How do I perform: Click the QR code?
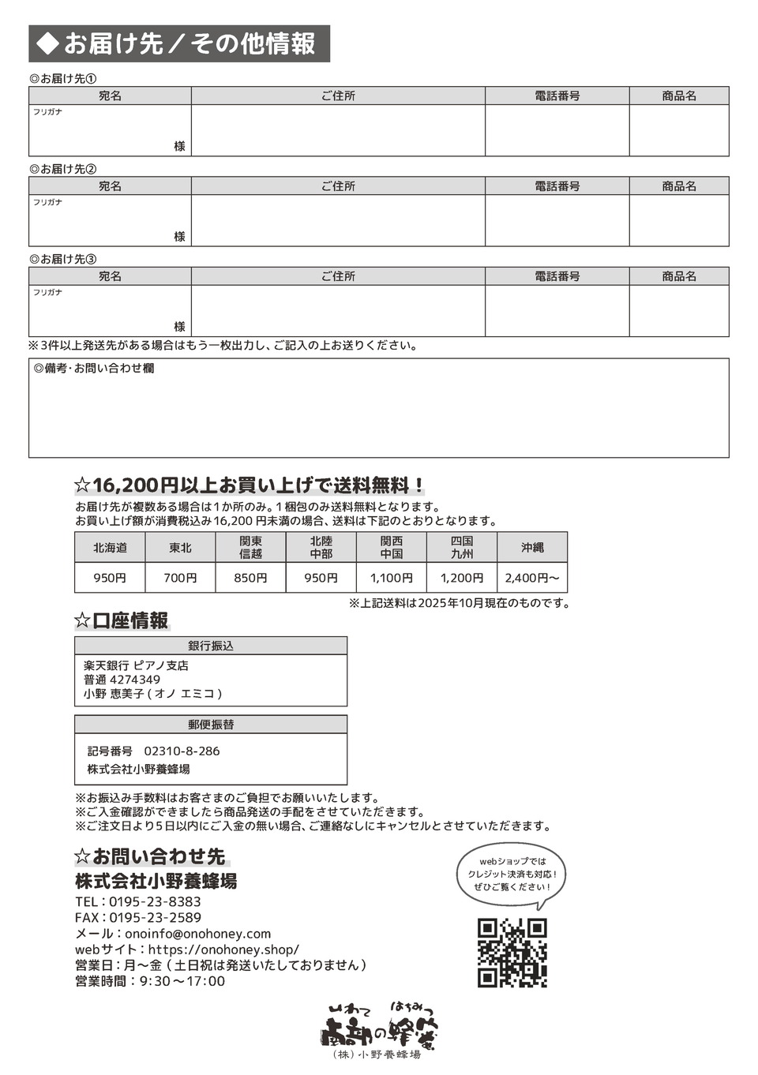(512, 952)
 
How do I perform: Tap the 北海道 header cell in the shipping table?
(110, 547)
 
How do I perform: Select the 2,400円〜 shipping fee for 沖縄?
(532, 578)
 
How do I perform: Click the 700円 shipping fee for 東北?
(180, 578)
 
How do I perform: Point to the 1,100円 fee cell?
(392, 578)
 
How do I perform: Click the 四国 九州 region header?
(462, 547)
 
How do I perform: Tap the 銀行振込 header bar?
(211, 646)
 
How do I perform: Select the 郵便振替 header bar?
(211, 725)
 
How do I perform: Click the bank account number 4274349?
(135, 680)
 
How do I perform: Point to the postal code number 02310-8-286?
(182, 751)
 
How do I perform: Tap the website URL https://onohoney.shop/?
(223, 950)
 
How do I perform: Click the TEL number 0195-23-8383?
(155, 901)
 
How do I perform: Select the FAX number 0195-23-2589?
(155, 917)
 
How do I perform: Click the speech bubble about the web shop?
(512, 874)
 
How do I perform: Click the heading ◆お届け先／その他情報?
(179, 44)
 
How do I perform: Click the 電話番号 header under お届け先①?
(557, 96)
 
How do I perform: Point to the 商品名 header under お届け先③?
(679, 276)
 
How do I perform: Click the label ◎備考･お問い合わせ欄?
(94, 369)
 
